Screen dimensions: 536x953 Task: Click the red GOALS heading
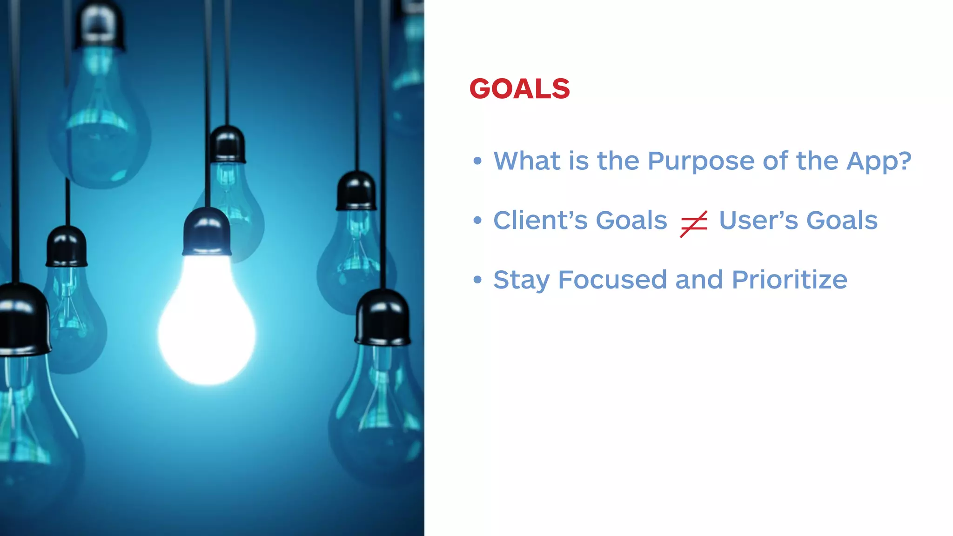tap(519, 88)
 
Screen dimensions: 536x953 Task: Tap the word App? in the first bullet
tap(878, 161)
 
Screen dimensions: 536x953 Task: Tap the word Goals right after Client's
tap(631, 220)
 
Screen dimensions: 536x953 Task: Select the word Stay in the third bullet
tap(521, 280)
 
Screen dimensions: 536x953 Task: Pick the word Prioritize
tap(789, 280)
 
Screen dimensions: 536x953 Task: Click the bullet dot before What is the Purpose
tap(477, 161)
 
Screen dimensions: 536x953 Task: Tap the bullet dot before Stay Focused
tap(477, 280)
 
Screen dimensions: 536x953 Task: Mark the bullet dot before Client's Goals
tap(477, 220)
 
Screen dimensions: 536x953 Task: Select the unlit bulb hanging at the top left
tap(99, 116)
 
